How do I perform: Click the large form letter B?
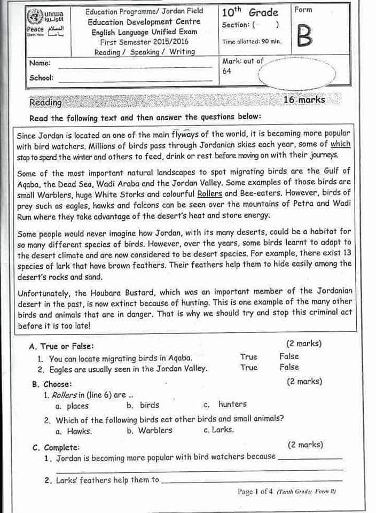click(x=303, y=36)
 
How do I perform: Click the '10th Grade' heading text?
click(x=249, y=12)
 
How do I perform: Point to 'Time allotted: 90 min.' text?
click(x=252, y=42)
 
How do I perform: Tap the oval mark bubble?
click(x=297, y=74)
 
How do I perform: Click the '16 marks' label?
click(x=304, y=100)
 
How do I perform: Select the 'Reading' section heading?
click(x=45, y=102)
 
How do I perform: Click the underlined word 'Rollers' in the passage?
click(x=209, y=193)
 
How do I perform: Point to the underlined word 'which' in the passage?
click(x=340, y=144)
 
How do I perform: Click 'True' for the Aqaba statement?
click(x=248, y=356)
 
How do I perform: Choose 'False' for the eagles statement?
click(x=289, y=367)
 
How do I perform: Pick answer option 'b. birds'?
click(x=143, y=405)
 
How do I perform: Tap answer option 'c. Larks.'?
click(x=218, y=430)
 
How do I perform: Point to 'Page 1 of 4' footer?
click(x=255, y=492)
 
